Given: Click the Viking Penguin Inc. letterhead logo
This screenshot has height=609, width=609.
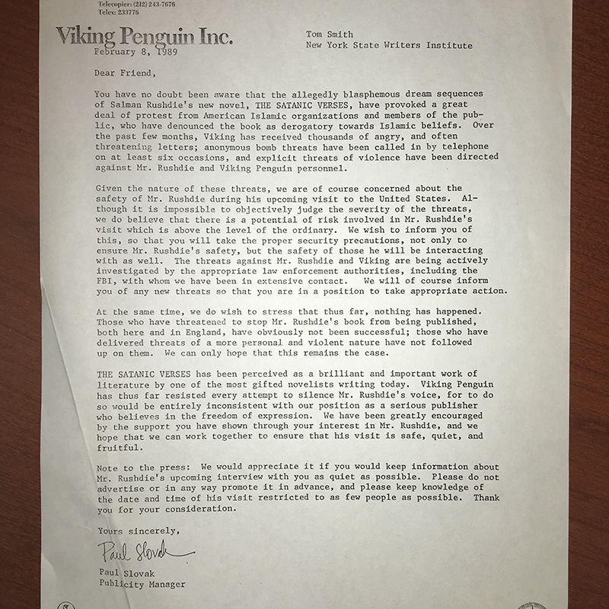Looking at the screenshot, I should (x=144, y=36).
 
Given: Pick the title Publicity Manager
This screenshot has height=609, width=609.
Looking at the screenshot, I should (x=142, y=585).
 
